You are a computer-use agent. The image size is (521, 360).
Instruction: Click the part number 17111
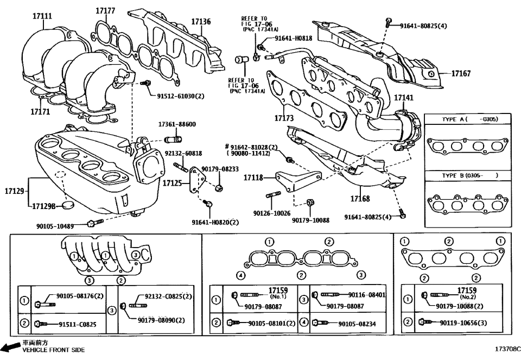tap(42, 17)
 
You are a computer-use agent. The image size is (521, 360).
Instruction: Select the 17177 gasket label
tap(105, 11)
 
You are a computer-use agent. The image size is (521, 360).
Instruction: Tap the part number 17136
tap(201, 22)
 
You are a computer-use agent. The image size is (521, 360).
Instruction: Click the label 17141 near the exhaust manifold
tap(403, 98)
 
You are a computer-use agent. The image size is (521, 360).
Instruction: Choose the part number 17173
tap(284, 118)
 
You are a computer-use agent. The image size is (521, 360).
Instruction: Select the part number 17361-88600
tap(177, 124)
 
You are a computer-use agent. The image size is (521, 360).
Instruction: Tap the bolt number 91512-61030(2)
tap(181, 96)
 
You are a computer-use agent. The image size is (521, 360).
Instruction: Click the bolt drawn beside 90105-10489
tap(95, 223)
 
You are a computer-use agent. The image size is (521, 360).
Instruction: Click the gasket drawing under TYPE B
tap(468, 205)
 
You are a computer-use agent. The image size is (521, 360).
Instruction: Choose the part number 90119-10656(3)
tap(466, 323)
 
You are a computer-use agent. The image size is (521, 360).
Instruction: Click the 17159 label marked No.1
tap(277, 292)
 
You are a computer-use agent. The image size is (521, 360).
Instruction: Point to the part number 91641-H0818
tap(293, 38)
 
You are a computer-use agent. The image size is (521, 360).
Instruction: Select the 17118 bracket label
tap(253, 178)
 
